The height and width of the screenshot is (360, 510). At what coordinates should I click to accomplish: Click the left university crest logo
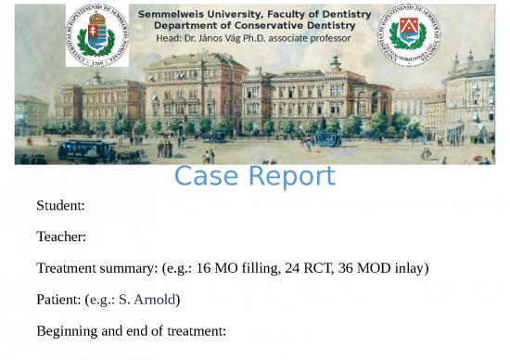point(96,34)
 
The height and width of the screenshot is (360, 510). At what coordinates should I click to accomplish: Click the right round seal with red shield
point(409,34)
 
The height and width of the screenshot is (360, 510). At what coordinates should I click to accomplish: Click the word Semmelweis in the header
point(171,15)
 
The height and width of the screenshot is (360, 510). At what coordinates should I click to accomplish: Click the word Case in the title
point(207,175)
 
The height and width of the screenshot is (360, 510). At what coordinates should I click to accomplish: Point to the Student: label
point(60,205)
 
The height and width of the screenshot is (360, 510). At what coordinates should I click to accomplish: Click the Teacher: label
point(61,237)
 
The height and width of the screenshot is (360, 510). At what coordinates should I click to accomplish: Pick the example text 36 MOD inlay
point(390,269)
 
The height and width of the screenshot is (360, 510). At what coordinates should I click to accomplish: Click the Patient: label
point(58,300)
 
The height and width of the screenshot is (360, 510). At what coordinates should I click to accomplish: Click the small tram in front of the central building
point(326,139)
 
